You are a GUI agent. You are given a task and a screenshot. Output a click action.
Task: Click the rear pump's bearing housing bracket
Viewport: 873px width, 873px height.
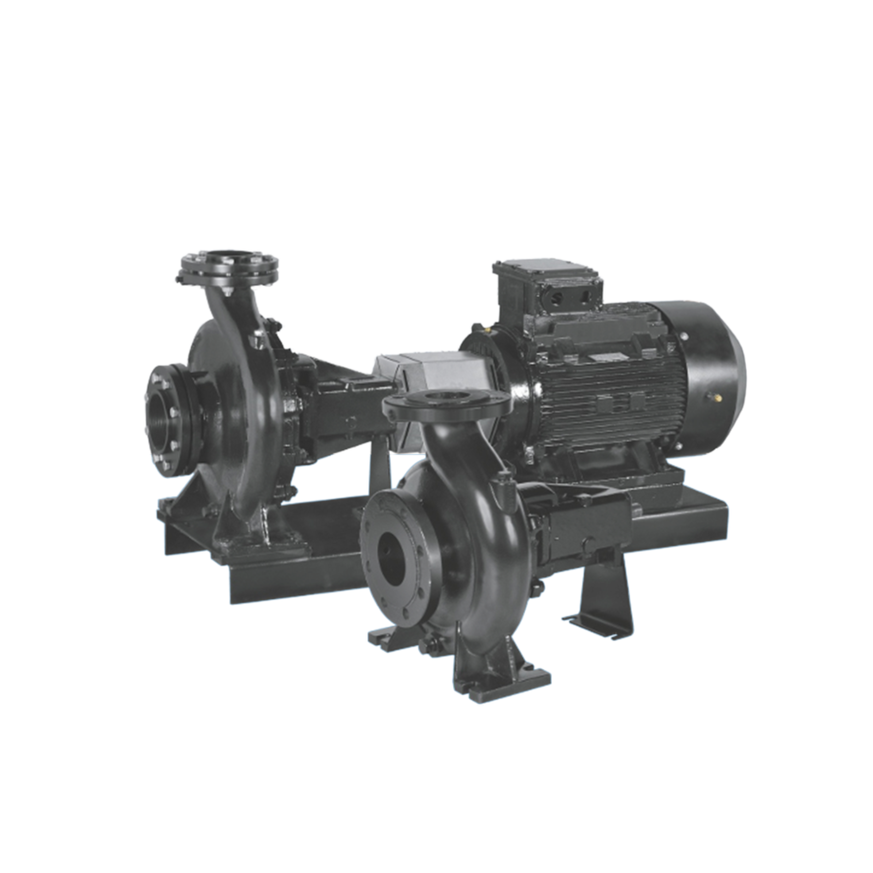point(335,398)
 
